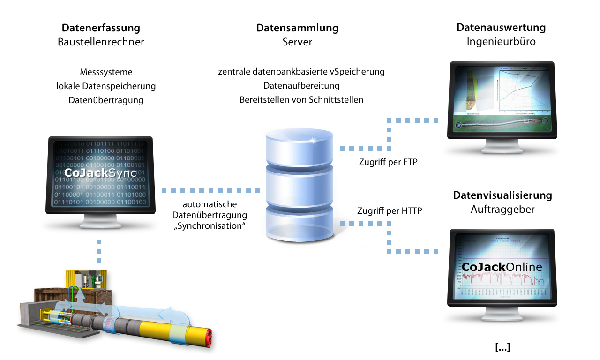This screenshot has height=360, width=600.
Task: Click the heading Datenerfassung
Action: click(x=101, y=28)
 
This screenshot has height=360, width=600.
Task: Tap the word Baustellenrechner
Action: click(x=101, y=42)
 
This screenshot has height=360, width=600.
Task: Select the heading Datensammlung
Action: click(x=297, y=28)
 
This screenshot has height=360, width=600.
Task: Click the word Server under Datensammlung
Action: click(x=297, y=42)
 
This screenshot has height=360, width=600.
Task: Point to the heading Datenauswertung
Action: click(x=501, y=28)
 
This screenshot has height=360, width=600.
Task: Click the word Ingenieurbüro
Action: click(x=501, y=42)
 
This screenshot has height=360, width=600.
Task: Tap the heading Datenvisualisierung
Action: click(x=502, y=195)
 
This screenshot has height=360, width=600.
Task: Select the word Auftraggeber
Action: click(x=502, y=210)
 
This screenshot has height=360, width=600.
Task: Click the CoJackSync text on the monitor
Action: click(x=101, y=173)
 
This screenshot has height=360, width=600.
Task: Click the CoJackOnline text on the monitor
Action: click(x=502, y=267)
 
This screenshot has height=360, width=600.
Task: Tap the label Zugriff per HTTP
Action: click(x=390, y=210)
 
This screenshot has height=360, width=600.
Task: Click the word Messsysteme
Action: click(x=106, y=72)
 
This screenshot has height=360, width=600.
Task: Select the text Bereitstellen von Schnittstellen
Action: click(x=301, y=99)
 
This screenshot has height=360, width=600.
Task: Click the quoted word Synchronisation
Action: click(x=210, y=225)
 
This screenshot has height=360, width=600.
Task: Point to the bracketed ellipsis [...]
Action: click(x=502, y=348)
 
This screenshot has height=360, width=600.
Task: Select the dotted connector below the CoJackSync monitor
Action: click(x=99, y=251)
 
